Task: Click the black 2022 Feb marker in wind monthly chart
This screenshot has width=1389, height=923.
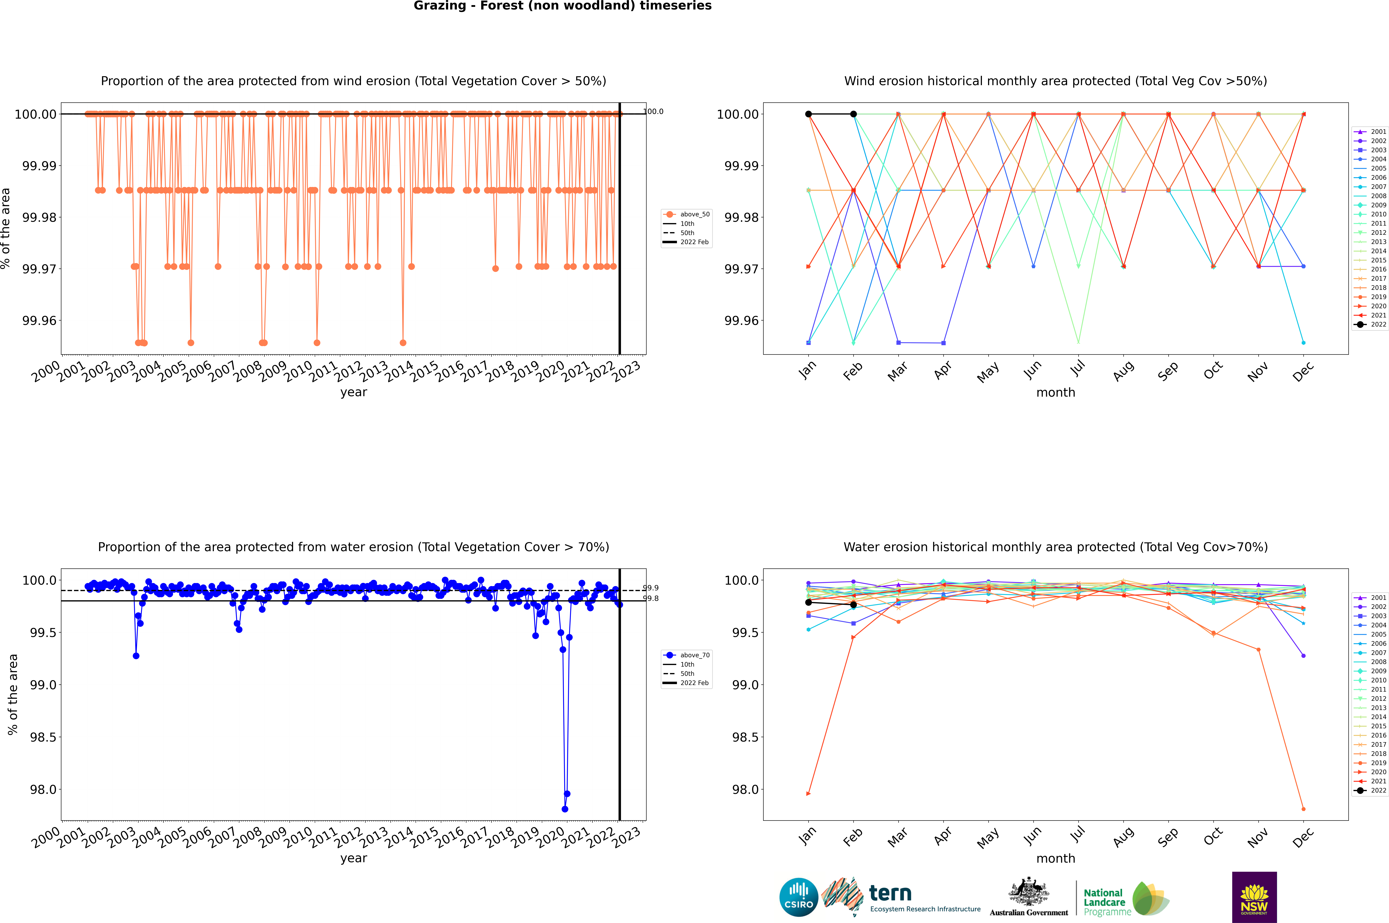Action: [853, 114]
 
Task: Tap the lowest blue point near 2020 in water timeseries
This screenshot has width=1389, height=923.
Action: [565, 809]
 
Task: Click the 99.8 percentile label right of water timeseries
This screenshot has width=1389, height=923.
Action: [651, 599]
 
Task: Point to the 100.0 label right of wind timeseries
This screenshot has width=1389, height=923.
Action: [653, 111]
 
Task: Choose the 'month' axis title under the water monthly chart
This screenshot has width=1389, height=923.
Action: [1055, 858]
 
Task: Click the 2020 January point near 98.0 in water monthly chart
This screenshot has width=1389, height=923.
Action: [808, 794]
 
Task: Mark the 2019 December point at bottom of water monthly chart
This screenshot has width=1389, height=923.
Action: [1303, 809]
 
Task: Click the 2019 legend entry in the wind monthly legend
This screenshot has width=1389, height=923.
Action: [1370, 297]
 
